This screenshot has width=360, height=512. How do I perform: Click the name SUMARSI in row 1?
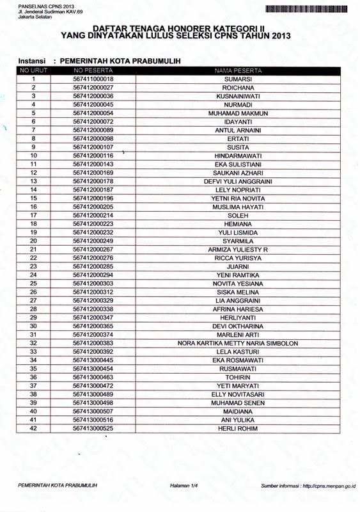[238, 79]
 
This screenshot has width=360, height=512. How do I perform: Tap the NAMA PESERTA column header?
[238, 70]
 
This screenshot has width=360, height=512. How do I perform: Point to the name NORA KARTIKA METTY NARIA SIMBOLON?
[238, 343]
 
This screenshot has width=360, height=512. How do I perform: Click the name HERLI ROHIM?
[238, 428]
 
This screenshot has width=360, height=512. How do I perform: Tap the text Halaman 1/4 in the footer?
[184, 486]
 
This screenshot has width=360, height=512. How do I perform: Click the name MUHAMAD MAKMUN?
[238, 113]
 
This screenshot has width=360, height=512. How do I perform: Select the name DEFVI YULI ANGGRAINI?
[238, 181]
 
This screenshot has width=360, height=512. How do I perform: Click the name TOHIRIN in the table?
[238, 378]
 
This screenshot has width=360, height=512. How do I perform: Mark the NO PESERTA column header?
[93, 70]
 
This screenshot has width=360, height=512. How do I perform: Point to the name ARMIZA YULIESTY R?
[238, 250]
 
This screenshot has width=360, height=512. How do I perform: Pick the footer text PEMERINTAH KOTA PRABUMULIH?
[58, 486]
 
